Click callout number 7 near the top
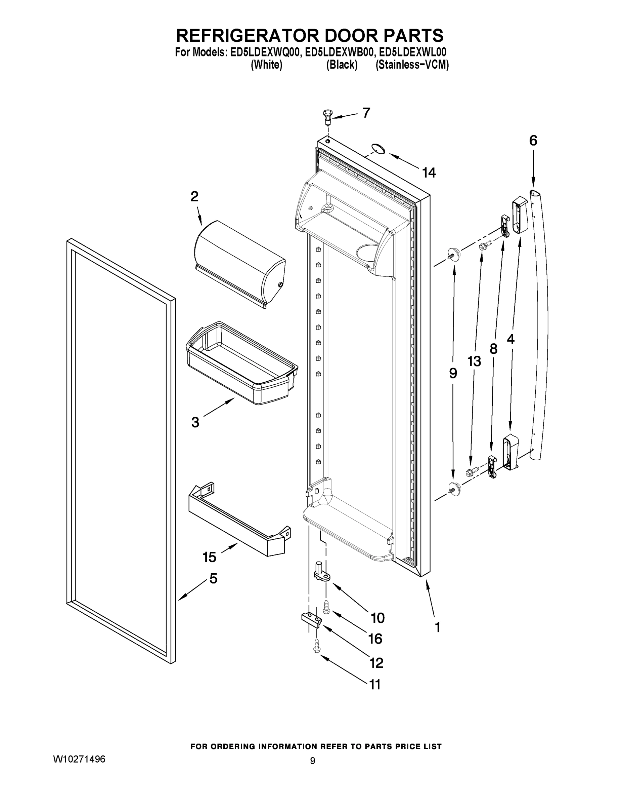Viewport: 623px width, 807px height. tap(366, 113)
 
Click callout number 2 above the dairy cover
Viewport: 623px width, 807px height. tap(194, 196)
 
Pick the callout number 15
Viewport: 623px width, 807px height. tap(209, 557)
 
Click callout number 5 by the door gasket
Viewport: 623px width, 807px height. tap(213, 578)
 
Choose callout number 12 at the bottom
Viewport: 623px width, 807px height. tap(376, 663)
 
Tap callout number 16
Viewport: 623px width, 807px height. tap(375, 639)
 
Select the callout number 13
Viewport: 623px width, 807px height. tap(474, 361)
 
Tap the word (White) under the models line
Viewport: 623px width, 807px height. tap(266, 65)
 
